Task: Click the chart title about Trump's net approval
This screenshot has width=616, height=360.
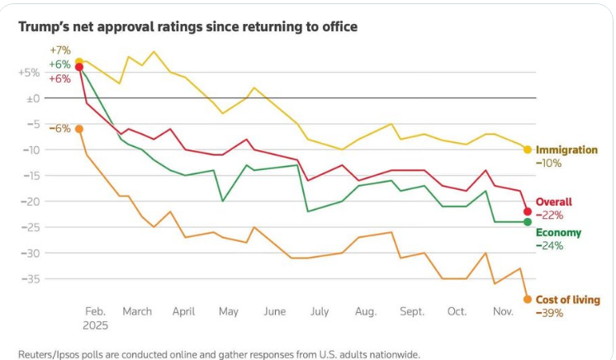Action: (188, 27)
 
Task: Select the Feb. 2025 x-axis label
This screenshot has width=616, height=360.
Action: (95, 318)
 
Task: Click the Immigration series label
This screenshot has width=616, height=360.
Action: (566, 149)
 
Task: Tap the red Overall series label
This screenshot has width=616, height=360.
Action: (554, 201)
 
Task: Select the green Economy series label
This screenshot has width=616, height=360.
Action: (558, 233)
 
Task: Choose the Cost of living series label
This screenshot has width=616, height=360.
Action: (568, 300)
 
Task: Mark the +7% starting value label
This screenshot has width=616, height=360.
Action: (60, 51)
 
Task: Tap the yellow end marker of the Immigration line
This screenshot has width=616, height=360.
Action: (527, 149)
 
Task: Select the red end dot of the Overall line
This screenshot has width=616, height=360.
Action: (527, 211)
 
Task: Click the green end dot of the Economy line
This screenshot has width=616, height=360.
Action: (527, 221)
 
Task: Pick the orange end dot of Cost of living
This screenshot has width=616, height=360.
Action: (527, 299)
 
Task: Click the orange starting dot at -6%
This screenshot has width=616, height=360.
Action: (78, 129)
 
